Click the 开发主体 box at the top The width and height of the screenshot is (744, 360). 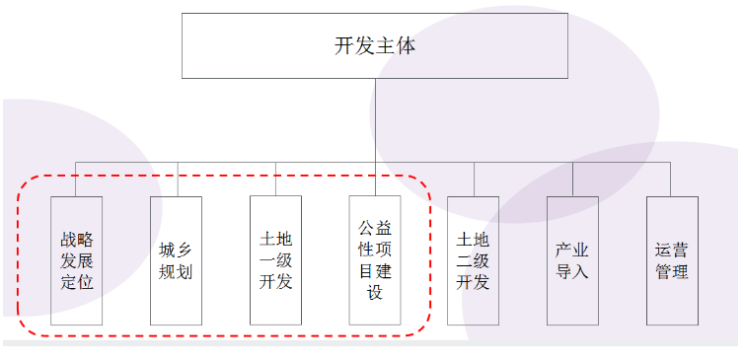pyautogui.click(x=374, y=46)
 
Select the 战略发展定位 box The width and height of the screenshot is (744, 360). pyautogui.click(x=77, y=260)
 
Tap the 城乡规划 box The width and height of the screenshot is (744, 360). pyautogui.click(x=176, y=260)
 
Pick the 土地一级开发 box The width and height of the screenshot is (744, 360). pyautogui.click(x=275, y=260)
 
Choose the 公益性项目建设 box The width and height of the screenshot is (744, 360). pyautogui.click(x=374, y=260)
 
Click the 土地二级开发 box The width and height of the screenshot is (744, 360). pyautogui.click(x=473, y=260)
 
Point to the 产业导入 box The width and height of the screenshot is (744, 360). pyautogui.click(x=572, y=260)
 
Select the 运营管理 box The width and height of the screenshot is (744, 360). pyautogui.click(x=672, y=260)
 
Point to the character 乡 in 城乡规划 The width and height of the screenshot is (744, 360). pyautogui.click(x=186, y=250)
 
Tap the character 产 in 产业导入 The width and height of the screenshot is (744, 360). pyautogui.click(x=562, y=250)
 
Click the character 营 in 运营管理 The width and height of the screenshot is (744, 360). pyautogui.click(x=681, y=250)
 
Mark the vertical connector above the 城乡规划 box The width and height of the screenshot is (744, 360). pyautogui.click(x=177, y=179)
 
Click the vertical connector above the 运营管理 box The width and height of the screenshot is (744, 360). pyautogui.click(x=672, y=179)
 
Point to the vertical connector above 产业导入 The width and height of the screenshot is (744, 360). pyautogui.click(x=572, y=179)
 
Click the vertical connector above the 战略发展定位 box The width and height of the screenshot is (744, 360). pyautogui.click(x=77, y=179)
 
